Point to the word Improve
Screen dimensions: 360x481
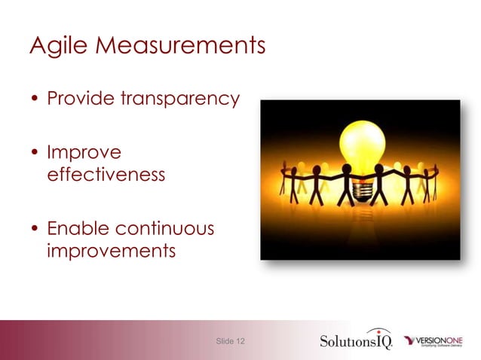[x=84, y=154]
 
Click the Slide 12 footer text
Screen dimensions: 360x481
[x=230, y=341]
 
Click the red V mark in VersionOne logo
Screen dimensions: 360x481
[x=411, y=340]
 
